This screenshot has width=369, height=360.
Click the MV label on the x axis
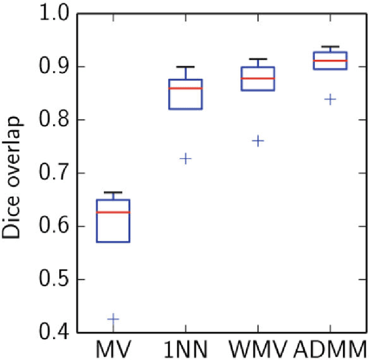[x=114, y=348]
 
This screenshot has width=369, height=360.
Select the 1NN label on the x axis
[x=186, y=348]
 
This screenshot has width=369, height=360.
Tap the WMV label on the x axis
[x=257, y=348]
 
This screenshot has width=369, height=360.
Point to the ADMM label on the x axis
[x=330, y=348]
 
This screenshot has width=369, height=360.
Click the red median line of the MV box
[x=113, y=212]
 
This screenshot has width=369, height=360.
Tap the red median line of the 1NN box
[x=186, y=88]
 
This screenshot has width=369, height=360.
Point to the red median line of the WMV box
[x=258, y=78]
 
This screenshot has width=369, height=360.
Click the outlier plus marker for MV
[x=113, y=318]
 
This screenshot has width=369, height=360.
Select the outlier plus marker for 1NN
[x=186, y=158]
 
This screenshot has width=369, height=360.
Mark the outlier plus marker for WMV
[x=258, y=141]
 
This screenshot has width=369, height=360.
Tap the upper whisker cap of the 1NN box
[x=186, y=67]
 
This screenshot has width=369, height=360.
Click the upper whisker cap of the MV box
[x=113, y=192]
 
